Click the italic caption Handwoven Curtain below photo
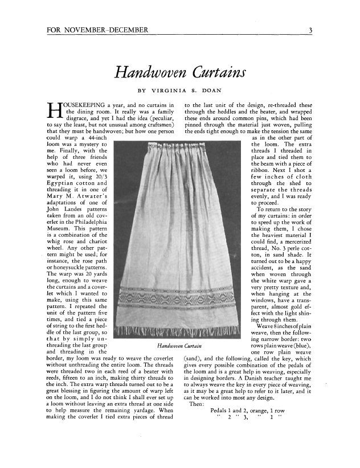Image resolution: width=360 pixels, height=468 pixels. click(x=179, y=345)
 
